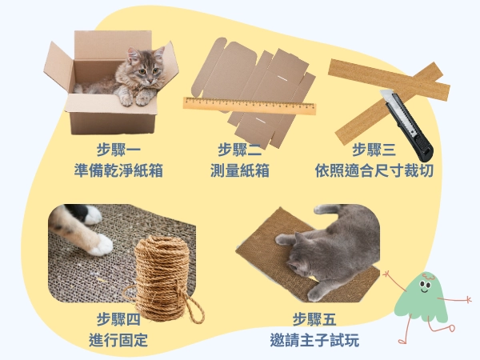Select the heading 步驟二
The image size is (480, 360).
240,150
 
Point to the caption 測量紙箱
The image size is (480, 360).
240,170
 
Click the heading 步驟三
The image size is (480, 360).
374,150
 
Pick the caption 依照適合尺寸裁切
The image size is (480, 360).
374,170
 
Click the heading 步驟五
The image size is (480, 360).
314,318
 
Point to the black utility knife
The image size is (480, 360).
411,124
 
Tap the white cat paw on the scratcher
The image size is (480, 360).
100,244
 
